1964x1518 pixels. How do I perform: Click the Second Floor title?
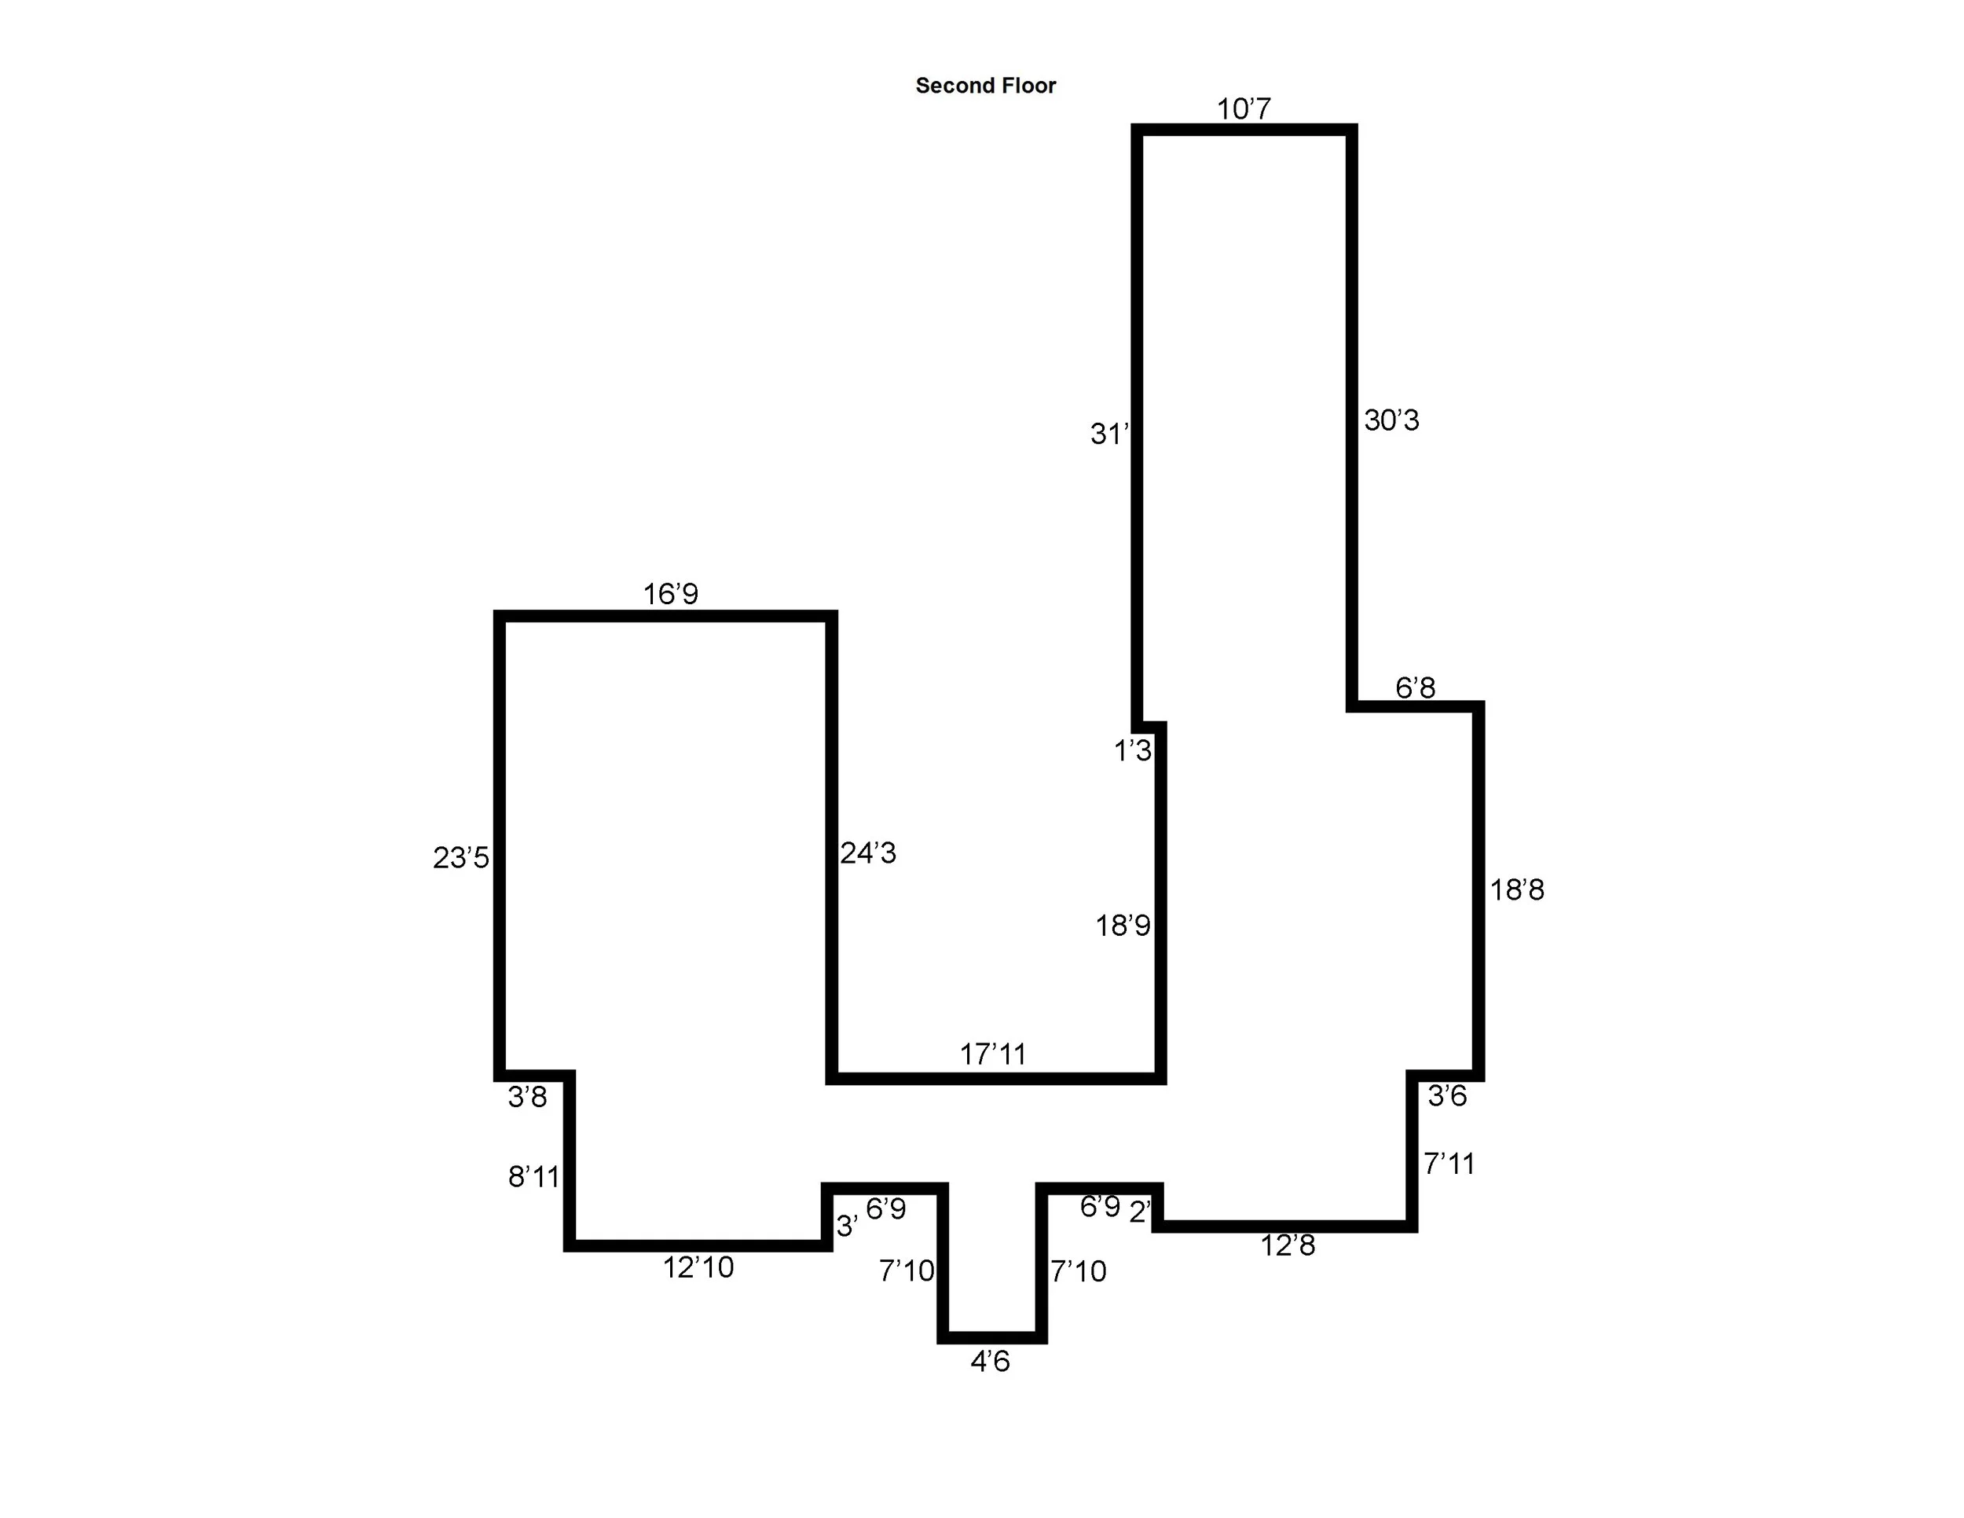coord(986,86)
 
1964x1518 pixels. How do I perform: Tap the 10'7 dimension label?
coord(1244,108)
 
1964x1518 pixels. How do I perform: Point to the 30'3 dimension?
coord(1391,420)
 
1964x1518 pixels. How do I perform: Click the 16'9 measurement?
coord(670,593)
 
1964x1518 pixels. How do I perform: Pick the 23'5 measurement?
coord(460,858)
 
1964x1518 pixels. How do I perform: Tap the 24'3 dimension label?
coord(868,852)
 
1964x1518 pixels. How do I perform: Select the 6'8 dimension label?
coord(1415,688)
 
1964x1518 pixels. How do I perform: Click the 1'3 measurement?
coord(1132,750)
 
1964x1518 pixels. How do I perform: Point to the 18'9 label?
coord(1123,926)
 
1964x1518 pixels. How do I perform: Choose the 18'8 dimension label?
coord(1517,890)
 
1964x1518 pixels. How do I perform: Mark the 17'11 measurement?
coord(993,1054)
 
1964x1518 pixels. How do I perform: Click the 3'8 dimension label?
coord(527,1097)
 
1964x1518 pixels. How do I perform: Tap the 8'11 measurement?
coord(533,1176)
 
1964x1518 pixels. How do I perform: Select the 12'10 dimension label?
coord(698,1267)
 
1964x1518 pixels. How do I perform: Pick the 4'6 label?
coord(990,1362)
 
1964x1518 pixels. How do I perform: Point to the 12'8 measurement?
coord(1288,1245)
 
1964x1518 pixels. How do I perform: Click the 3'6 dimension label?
coord(1447,1095)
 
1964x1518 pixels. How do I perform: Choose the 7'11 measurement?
coord(1449,1164)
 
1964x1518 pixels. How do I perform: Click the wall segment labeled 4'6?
coord(992,1337)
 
